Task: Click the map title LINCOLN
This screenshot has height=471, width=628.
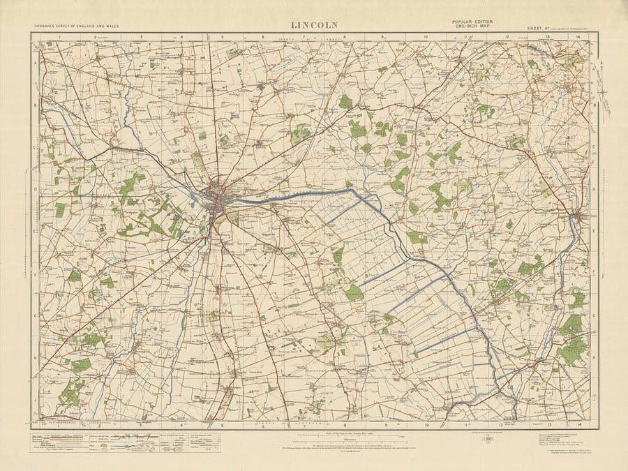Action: (314, 25)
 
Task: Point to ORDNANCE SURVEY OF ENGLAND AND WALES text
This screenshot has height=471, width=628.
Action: (76, 27)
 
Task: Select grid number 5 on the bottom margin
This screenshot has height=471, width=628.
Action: (223, 424)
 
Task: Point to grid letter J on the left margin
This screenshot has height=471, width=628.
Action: (35, 401)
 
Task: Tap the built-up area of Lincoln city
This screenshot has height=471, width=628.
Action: (218, 197)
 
